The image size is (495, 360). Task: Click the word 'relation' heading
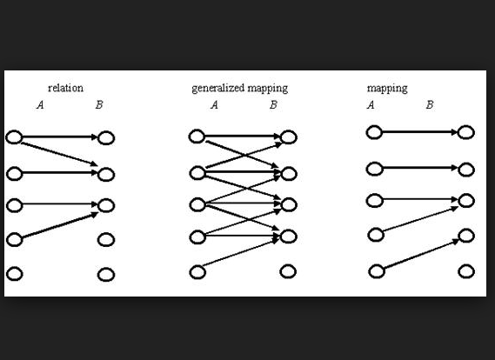point(65,88)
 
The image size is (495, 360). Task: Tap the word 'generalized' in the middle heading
point(218,89)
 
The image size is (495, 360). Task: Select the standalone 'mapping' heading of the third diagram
point(387,89)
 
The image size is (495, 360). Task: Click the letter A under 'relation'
point(40,104)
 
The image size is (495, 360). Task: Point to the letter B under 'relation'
point(99,104)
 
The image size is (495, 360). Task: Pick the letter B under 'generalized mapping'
point(273,104)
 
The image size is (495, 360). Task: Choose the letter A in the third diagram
point(371,104)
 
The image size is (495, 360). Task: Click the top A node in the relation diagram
point(14,137)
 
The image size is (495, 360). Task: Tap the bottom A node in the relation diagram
point(14,274)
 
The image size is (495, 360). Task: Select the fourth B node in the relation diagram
point(106,240)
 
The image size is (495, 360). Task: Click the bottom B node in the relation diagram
point(106,275)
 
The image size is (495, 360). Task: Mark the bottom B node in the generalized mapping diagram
point(288,271)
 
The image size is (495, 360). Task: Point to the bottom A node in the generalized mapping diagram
point(197,272)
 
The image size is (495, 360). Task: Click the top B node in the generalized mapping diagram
point(289,137)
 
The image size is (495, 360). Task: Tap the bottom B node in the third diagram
point(466,271)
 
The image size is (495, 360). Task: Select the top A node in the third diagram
point(374,132)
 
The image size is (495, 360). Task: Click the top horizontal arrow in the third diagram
point(420,132)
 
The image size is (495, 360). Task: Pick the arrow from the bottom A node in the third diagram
point(421,254)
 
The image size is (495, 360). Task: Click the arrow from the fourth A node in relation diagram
point(60,225)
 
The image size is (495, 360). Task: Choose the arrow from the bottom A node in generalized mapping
point(240,253)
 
